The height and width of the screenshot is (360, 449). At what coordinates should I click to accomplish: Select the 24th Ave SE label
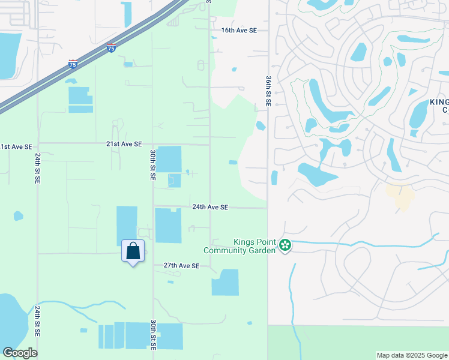(x=210, y=207)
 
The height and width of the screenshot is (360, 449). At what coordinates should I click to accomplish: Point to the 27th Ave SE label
(x=181, y=265)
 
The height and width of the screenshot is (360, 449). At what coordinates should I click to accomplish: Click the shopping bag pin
(x=133, y=251)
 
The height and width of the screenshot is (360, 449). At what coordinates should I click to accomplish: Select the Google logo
(x=20, y=353)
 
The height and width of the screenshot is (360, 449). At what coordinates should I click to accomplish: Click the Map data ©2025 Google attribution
(x=411, y=355)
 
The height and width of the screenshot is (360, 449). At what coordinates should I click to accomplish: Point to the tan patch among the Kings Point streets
(x=400, y=196)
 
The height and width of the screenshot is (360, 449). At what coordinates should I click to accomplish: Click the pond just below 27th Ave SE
(x=225, y=282)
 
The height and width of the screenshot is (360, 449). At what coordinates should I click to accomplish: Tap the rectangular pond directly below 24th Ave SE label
(x=168, y=226)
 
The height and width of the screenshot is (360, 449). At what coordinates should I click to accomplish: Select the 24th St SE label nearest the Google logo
(x=37, y=321)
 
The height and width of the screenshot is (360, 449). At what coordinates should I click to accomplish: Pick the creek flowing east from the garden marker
(x=360, y=244)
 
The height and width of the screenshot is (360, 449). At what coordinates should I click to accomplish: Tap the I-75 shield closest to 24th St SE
(x=73, y=63)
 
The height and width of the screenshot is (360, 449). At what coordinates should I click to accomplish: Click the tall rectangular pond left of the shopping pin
(x=126, y=225)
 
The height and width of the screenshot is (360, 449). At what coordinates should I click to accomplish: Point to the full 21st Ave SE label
(x=124, y=144)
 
